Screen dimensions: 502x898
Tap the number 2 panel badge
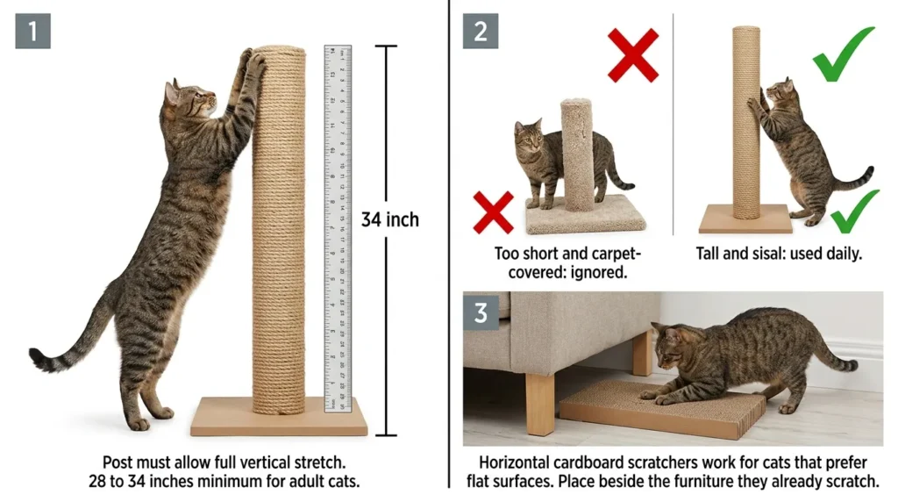coord(481,31)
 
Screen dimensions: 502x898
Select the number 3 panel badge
coord(481,313)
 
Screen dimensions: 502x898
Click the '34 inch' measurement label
coord(389,219)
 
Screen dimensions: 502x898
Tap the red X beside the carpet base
coord(493,213)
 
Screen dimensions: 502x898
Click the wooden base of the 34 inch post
coord(279,417)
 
